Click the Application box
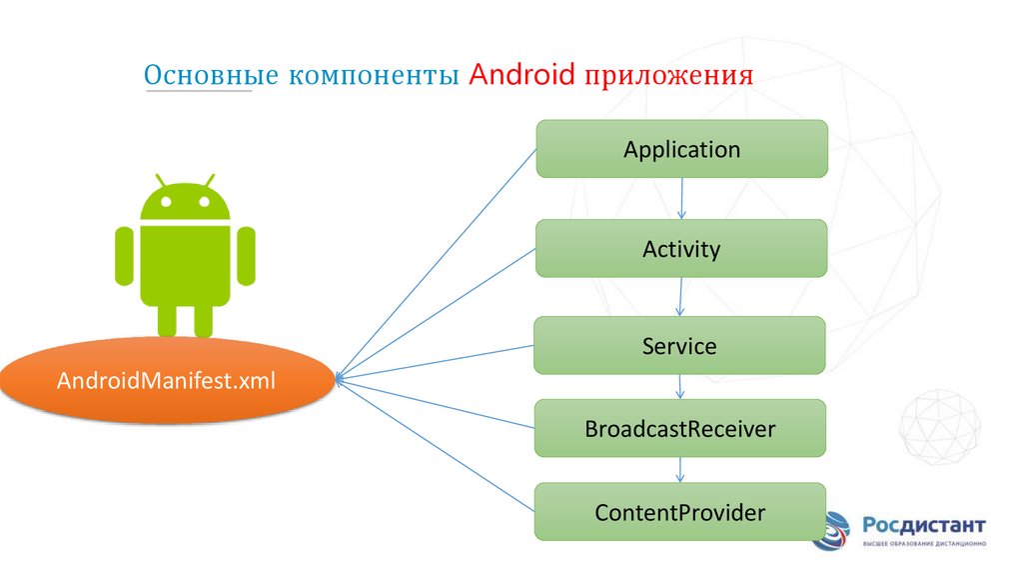point(681,149)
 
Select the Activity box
point(681,248)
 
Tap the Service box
point(679,346)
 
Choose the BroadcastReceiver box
point(679,429)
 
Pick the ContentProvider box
point(679,513)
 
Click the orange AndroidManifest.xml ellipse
point(166,381)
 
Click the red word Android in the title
point(520,76)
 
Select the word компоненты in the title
point(375,77)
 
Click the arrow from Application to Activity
point(681,198)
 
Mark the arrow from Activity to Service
point(680,296)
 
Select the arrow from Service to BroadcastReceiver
point(680,387)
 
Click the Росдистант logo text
point(924,525)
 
